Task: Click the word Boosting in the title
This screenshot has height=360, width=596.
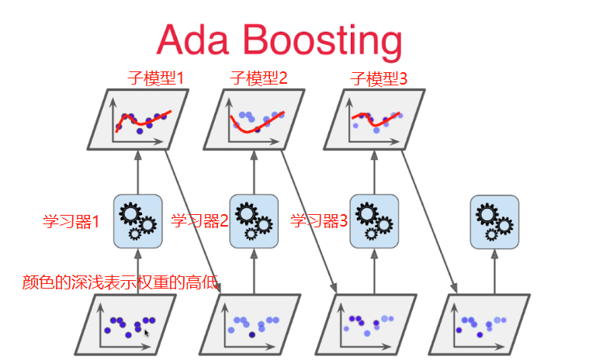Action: coord(322,41)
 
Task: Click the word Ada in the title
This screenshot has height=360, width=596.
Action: coord(192,40)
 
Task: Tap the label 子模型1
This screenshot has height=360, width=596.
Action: coord(155,78)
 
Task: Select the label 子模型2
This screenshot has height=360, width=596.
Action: coord(258,78)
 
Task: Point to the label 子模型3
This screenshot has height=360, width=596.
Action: coord(379,78)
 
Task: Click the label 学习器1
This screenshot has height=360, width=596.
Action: coord(71,221)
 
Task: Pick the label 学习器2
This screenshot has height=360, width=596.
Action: coord(199,220)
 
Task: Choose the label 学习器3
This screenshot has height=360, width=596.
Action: coord(319,220)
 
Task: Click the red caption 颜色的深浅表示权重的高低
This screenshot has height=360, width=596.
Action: coord(120,282)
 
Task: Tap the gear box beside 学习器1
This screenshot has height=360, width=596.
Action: coord(138,221)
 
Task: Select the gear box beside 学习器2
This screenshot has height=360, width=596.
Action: coord(254,221)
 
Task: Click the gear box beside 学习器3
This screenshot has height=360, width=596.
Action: coord(374,221)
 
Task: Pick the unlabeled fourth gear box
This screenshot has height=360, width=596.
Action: coord(494,222)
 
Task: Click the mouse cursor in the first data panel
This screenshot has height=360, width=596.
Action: coord(147,334)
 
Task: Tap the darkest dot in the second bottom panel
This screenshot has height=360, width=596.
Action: coord(252,335)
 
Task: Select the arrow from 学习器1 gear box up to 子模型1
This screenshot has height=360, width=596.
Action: coord(138,172)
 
